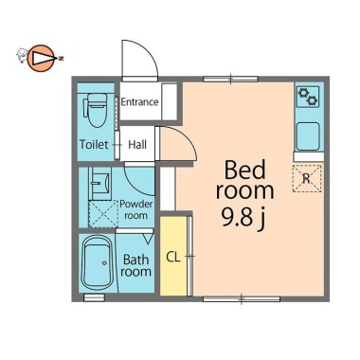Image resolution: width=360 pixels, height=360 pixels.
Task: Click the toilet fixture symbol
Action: click(96, 110)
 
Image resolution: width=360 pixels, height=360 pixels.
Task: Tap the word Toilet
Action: click(94, 145)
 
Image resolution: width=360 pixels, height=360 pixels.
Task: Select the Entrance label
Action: click(139, 102)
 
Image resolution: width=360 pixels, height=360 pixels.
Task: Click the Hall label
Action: click(137, 145)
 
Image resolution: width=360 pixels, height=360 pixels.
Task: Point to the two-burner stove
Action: click(308, 97)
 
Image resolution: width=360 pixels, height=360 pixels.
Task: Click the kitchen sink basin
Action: click(308, 136)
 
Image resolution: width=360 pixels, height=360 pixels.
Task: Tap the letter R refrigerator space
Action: click(307, 178)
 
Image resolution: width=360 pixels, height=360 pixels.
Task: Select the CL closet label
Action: click(173, 258)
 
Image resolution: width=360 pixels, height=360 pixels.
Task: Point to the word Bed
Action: click(245, 170)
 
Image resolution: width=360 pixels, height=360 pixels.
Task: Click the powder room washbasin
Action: click(100, 184)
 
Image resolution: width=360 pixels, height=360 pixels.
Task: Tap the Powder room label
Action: click(135, 209)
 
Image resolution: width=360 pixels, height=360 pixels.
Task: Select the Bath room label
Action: click(136, 265)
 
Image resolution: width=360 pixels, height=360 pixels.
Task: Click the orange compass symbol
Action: click(41, 58)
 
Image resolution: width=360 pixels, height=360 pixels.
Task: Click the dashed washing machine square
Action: click(103, 214)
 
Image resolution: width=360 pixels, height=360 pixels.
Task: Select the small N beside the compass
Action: click(62, 59)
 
